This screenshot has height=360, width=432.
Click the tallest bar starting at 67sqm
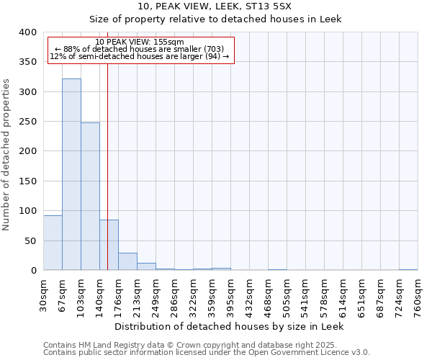click(71, 174)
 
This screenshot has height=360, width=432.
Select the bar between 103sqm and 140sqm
click(90, 196)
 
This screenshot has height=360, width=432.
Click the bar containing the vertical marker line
click(109, 245)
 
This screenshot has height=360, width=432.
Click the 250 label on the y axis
click(27, 122)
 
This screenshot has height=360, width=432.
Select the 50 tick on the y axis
click(30, 240)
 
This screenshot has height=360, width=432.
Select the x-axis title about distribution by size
click(230, 326)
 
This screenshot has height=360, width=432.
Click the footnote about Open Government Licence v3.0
click(206, 353)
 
